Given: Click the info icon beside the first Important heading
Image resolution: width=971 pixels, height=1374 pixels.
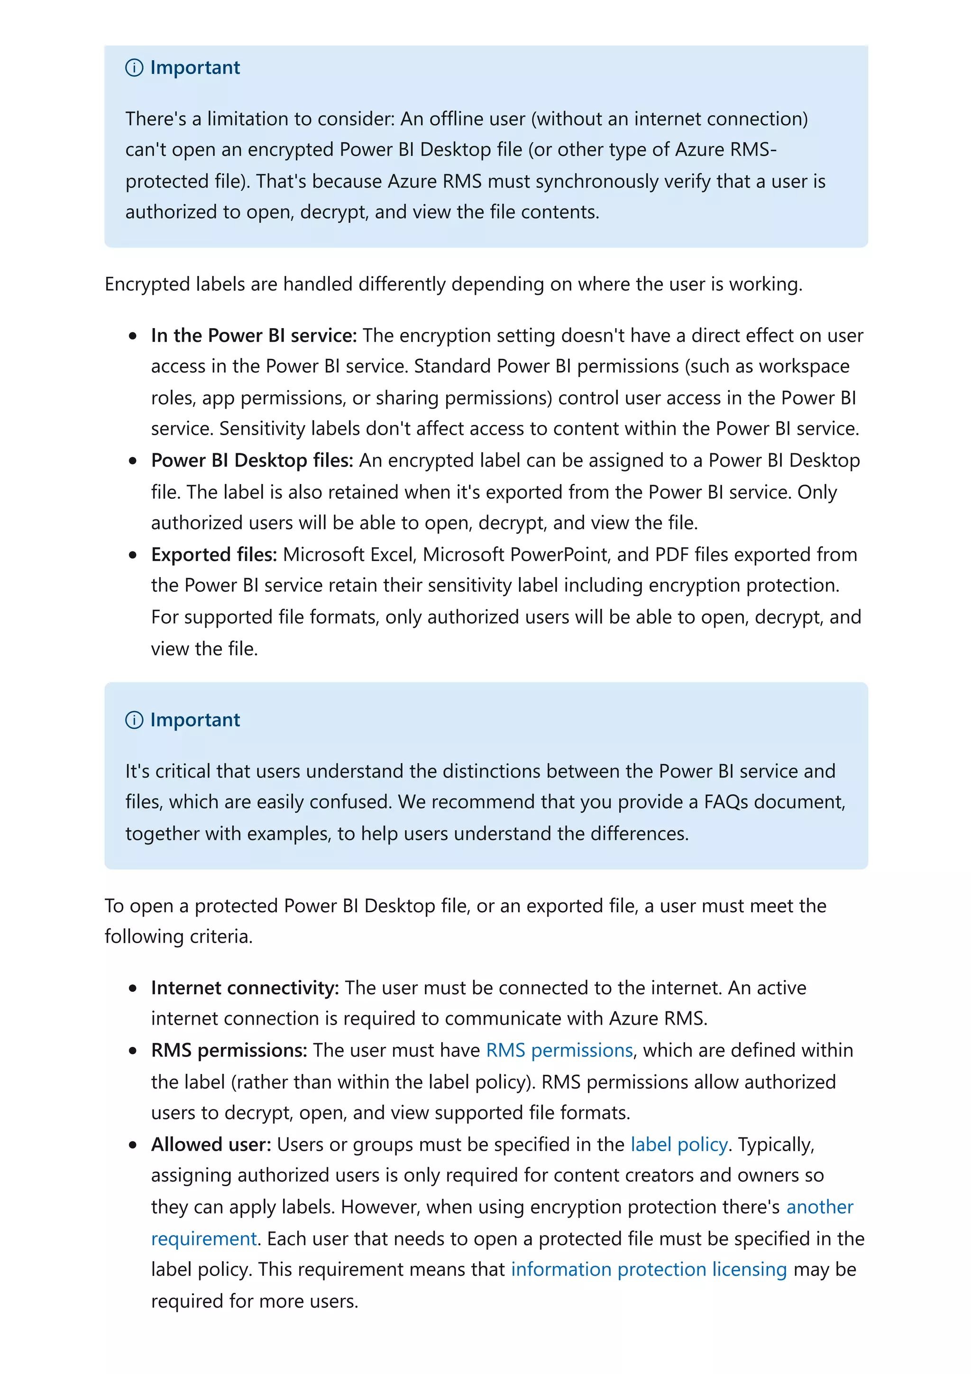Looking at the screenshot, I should [x=134, y=68].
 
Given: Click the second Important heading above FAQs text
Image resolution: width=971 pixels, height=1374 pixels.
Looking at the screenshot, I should [x=194, y=720].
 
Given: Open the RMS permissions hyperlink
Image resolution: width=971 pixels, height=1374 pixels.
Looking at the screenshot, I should [x=559, y=1050].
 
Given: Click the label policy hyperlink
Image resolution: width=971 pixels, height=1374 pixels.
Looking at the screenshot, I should [x=679, y=1144].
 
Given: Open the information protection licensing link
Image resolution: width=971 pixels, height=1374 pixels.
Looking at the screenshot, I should [x=649, y=1269].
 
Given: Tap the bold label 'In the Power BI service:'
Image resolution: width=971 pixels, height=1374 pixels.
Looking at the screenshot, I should [x=254, y=336].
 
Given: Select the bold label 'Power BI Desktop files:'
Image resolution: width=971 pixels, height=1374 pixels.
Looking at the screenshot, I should [x=252, y=460].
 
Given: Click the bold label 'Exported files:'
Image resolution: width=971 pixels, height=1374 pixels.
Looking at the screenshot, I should [x=213, y=555].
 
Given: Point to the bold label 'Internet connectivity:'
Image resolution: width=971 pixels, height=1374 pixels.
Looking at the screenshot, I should [x=245, y=988].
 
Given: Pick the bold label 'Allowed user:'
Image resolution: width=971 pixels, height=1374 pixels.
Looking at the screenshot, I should [x=211, y=1144].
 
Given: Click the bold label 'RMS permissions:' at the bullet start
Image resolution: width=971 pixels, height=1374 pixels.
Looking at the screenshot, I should [x=229, y=1050].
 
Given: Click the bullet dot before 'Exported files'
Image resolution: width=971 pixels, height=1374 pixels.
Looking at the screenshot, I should [x=133, y=555].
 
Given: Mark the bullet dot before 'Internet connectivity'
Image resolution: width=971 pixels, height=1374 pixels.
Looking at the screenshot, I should [x=133, y=989].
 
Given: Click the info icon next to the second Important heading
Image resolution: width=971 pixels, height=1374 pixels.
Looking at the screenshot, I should [x=134, y=720].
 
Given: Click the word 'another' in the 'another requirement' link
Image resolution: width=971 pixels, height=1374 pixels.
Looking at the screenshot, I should [x=819, y=1207].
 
